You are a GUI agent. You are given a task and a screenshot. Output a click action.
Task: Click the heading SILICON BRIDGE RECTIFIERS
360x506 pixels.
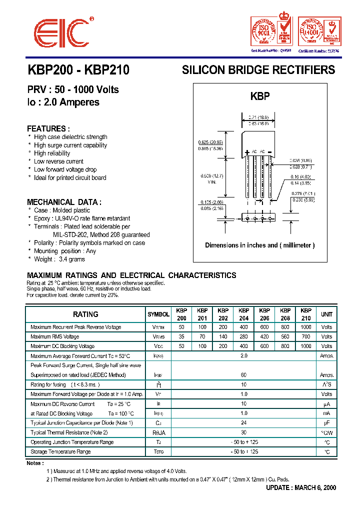tap(258, 70)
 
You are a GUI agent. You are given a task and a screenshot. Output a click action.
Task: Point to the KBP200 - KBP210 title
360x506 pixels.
tap(78, 70)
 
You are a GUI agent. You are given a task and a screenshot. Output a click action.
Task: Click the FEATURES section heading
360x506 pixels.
tap(48, 128)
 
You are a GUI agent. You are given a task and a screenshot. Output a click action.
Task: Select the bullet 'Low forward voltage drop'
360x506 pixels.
tap(65, 169)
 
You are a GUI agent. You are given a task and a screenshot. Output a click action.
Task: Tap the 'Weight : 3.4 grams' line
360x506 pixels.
tap(59, 259)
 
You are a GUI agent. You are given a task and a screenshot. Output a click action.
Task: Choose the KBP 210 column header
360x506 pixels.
tap(306, 314)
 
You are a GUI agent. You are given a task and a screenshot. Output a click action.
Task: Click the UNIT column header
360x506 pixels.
tap(326, 314)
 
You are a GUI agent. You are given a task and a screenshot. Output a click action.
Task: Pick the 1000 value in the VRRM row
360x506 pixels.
tap(306, 327)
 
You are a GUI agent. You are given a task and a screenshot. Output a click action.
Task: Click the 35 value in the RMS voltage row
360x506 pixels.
tap(181, 336)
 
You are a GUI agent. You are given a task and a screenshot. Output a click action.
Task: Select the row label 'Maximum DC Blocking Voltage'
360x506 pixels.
tap(62, 346)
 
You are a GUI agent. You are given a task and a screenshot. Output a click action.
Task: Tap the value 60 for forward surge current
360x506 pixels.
tap(244, 375)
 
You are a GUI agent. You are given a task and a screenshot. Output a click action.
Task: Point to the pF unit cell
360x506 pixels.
tap(326, 423)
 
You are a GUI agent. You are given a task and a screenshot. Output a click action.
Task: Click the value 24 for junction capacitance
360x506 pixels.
tap(244, 423)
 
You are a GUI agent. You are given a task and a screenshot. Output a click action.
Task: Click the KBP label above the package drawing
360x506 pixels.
tap(259, 96)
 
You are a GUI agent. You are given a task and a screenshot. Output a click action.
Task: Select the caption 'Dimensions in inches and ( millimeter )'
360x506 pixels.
tap(260, 245)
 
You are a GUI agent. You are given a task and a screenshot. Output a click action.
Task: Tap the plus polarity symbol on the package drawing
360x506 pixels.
tap(247, 151)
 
